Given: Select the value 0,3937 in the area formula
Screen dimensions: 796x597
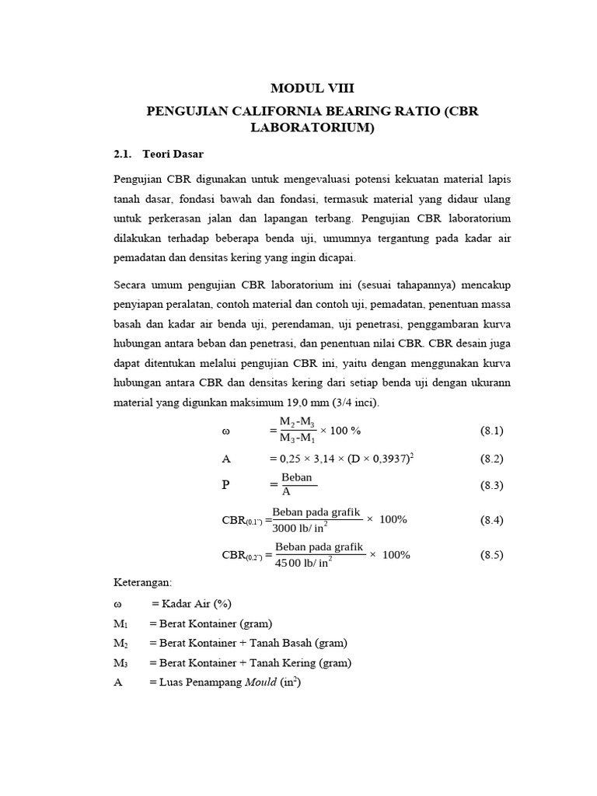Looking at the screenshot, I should (x=386, y=459).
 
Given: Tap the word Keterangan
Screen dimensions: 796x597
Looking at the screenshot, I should (x=143, y=581).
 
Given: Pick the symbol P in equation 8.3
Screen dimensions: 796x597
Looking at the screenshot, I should (x=225, y=485).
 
